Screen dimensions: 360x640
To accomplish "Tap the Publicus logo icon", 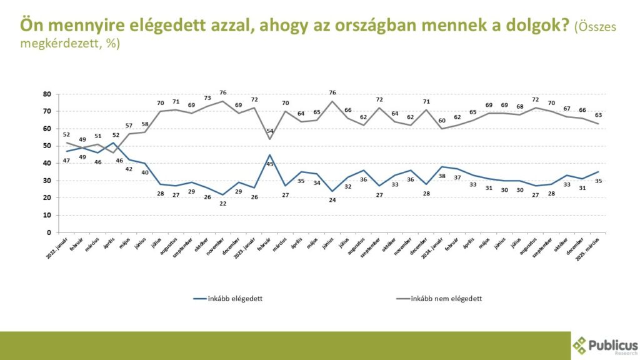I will click(x=581, y=346).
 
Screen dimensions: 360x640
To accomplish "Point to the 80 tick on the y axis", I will click(x=46, y=94).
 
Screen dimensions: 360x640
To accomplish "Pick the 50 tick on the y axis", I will click(x=46, y=146).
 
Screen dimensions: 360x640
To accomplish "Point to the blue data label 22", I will click(x=223, y=204).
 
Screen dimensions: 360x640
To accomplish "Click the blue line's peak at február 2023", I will click(x=269, y=154).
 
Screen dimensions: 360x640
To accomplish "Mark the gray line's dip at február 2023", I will click(x=269, y=139).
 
